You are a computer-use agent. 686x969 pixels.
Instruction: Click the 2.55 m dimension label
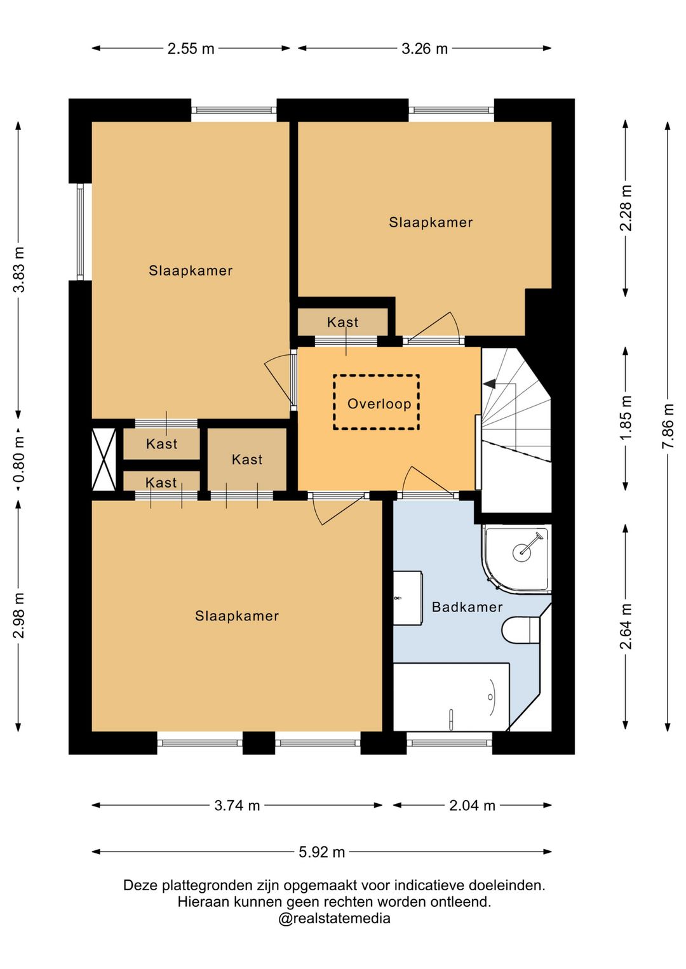pyautogui.click(x=191, y=48)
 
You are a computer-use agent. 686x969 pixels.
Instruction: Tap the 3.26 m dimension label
pyautogui.click(x=424, y=48)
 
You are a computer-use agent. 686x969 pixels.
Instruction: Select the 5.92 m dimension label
pyautogui.click(x=321, y=852)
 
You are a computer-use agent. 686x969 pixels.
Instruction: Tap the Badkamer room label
pyautogui.click(x=467, y=607)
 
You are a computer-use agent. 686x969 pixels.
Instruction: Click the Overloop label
pyautogui.click(x=379, y=404)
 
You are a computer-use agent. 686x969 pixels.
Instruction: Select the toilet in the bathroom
pyautogui.click(x=521, y=631)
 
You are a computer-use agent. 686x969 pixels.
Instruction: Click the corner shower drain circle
pyautogui.click(x=522, y=552)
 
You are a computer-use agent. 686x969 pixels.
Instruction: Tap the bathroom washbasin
pyautogui.click(x=407, y=598)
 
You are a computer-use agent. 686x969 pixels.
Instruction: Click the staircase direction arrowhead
pyautogui.click(x=490, y=384)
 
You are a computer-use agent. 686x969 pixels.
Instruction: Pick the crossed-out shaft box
pyautogui.click(x=104, y=459)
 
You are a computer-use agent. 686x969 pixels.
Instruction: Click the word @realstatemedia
pyautogui.click(x=333, y=918)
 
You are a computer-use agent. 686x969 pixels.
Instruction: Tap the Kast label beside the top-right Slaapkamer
pyautogui.click(x=342, y=323)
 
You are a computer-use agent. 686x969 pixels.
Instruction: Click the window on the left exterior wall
pyautogui.click(x=80, y=232)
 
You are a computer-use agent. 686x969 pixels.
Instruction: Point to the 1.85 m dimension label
pyautogui.click(x=626, y=418)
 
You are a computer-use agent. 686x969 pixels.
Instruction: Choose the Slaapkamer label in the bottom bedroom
pyautogui.click(x=237, y=616)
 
